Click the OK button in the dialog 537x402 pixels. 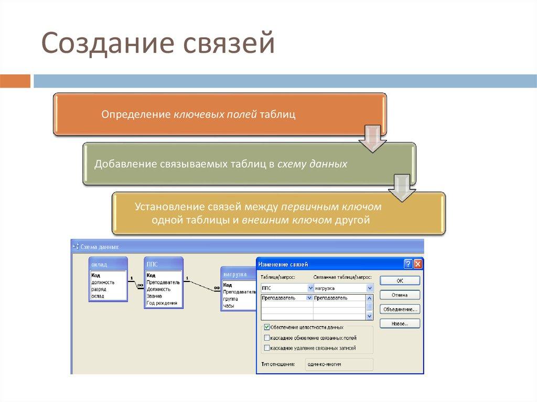click(x=400, y=281)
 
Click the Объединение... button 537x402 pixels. click(x=400, y=309)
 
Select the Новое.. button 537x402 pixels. click(x=400, y=323)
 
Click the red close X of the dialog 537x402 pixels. click(x=417, y=264)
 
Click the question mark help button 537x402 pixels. click(x=408, y=264)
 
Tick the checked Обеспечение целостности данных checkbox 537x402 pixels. click(x=267, y=327)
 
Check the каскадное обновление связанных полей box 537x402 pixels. click(x=267, y=338)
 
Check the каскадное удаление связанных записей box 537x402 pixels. click(x=267, y=347)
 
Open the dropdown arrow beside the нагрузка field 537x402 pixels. click(x=369, y=288)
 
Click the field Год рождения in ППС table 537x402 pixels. click(x=162, y=303)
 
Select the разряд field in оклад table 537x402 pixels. click(x=99, y=289)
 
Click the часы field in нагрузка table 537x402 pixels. click(x=229, y=305)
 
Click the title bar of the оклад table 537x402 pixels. click(x=108, y=264)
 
